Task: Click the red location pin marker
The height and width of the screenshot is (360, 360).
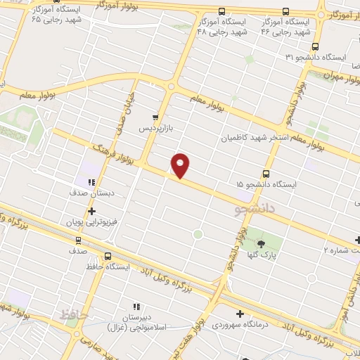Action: coord(181,165)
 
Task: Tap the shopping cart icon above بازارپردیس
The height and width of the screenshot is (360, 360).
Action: coord(155,118)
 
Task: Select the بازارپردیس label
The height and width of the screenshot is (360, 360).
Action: coord(154,129)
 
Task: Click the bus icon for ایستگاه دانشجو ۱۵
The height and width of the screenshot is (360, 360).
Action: coord(266,173)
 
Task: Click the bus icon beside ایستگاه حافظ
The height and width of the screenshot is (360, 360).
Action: coord(108,257)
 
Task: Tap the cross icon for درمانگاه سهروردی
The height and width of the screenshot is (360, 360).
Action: coord(240,314)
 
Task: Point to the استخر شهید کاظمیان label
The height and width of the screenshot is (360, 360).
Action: coord(257,138)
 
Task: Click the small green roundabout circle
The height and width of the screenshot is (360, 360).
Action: coord(198,233)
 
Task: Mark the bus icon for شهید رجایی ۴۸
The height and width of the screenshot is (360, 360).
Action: coord(221,12)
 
